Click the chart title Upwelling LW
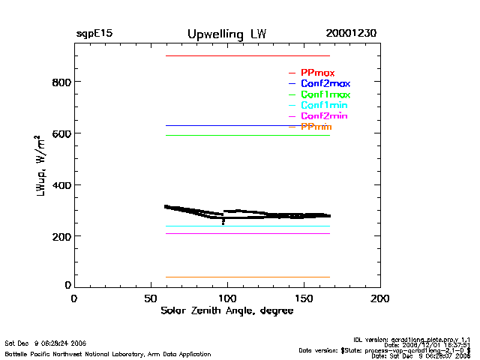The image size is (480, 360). click(226, 34)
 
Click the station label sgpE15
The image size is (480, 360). click(94, 34)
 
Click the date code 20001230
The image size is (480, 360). click(351, 34)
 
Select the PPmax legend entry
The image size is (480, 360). click(317, 73)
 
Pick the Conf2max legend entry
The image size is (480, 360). click(325, 84)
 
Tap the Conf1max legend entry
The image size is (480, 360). click(325, 95)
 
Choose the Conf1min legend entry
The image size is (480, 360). click(323, 106)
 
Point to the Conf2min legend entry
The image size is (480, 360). click(323, 117)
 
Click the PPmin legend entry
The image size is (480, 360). click(316, 127)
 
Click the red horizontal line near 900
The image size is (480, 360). click(247, 55)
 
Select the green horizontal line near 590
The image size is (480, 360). click(247, 135)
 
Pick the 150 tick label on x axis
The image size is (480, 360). click(304, 298)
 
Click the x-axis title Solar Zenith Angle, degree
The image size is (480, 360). click(226, 311)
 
